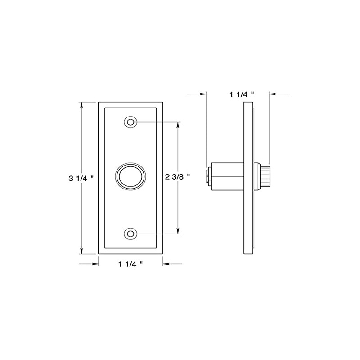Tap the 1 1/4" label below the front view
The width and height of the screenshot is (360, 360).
click(x=130, y=264)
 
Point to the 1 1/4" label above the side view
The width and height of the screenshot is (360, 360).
click(x=242, y=94)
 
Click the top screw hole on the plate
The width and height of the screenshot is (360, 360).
click(x=130, y=122)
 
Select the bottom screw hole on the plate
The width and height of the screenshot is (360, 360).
click(x=130, y=234)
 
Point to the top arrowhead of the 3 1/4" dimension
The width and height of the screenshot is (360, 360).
click(x=81, y=105)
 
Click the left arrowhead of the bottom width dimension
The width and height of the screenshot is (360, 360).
click(x=95, y=264)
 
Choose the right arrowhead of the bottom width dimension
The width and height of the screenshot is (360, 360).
click(x=165, y=264)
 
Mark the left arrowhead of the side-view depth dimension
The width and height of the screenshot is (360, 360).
click(x=204, y=94)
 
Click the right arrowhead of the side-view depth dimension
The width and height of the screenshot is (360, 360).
click(x=272, y=94)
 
